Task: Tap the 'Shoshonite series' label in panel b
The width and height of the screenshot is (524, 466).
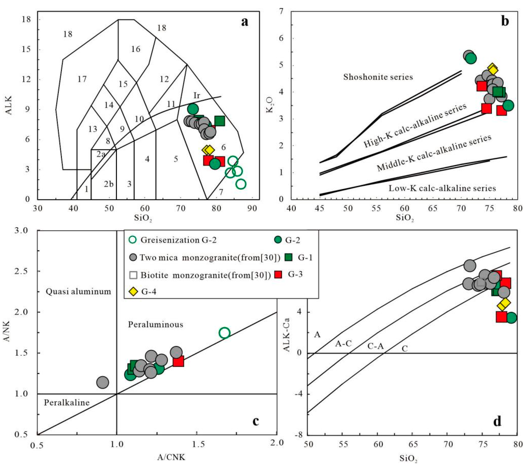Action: coord(378,77)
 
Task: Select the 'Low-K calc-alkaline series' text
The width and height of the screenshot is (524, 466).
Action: coord(442,188)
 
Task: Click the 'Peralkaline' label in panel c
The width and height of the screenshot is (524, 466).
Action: coord(67,402)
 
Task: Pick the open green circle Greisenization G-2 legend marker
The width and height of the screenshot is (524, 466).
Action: coord(133,240)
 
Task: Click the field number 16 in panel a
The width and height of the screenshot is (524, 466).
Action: coord(136,49)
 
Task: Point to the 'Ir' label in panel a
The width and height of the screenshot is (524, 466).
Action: coord(197,96)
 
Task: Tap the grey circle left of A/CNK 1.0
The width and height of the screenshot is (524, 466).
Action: coord(103,383)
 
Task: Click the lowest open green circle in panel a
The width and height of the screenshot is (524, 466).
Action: coord(241,184)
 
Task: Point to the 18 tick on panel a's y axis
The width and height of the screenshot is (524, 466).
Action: coord(26,19)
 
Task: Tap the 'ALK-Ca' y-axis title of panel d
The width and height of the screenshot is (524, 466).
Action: coord(287,335)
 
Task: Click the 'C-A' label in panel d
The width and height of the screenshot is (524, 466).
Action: coord(375,346)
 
